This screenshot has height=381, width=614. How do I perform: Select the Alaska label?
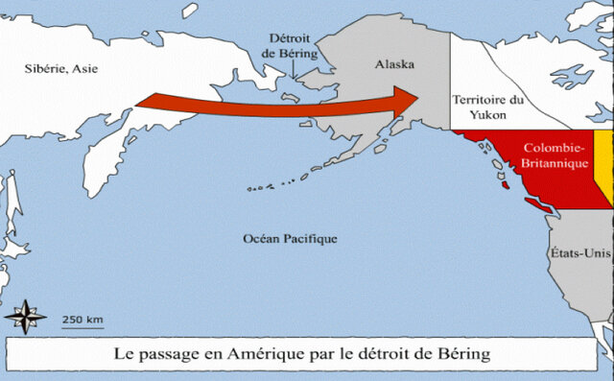pos(393,64)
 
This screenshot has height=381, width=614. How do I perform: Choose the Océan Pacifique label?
pos(290,237)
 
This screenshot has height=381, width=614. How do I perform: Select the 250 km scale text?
pos(83,319)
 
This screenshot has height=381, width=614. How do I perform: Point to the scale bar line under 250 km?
pos(83,327)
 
